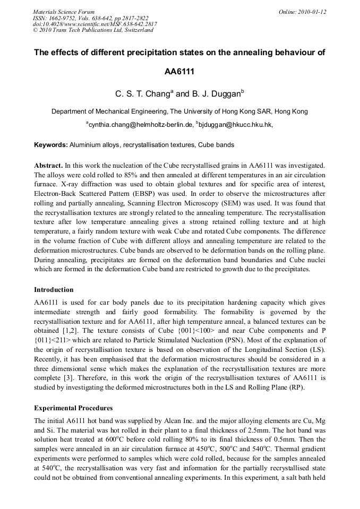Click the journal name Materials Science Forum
pyautogui.click(x=64, y=12)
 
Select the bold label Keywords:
pyautogui.click(x=51, y=145)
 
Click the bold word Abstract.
pyautogui.click(x=49, y=166)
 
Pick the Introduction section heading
pyautogui.click(x=54, y=290)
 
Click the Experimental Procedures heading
pyautogui.click(x=73, y=408)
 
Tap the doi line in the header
pyautogui.click(x=95, y=24)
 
